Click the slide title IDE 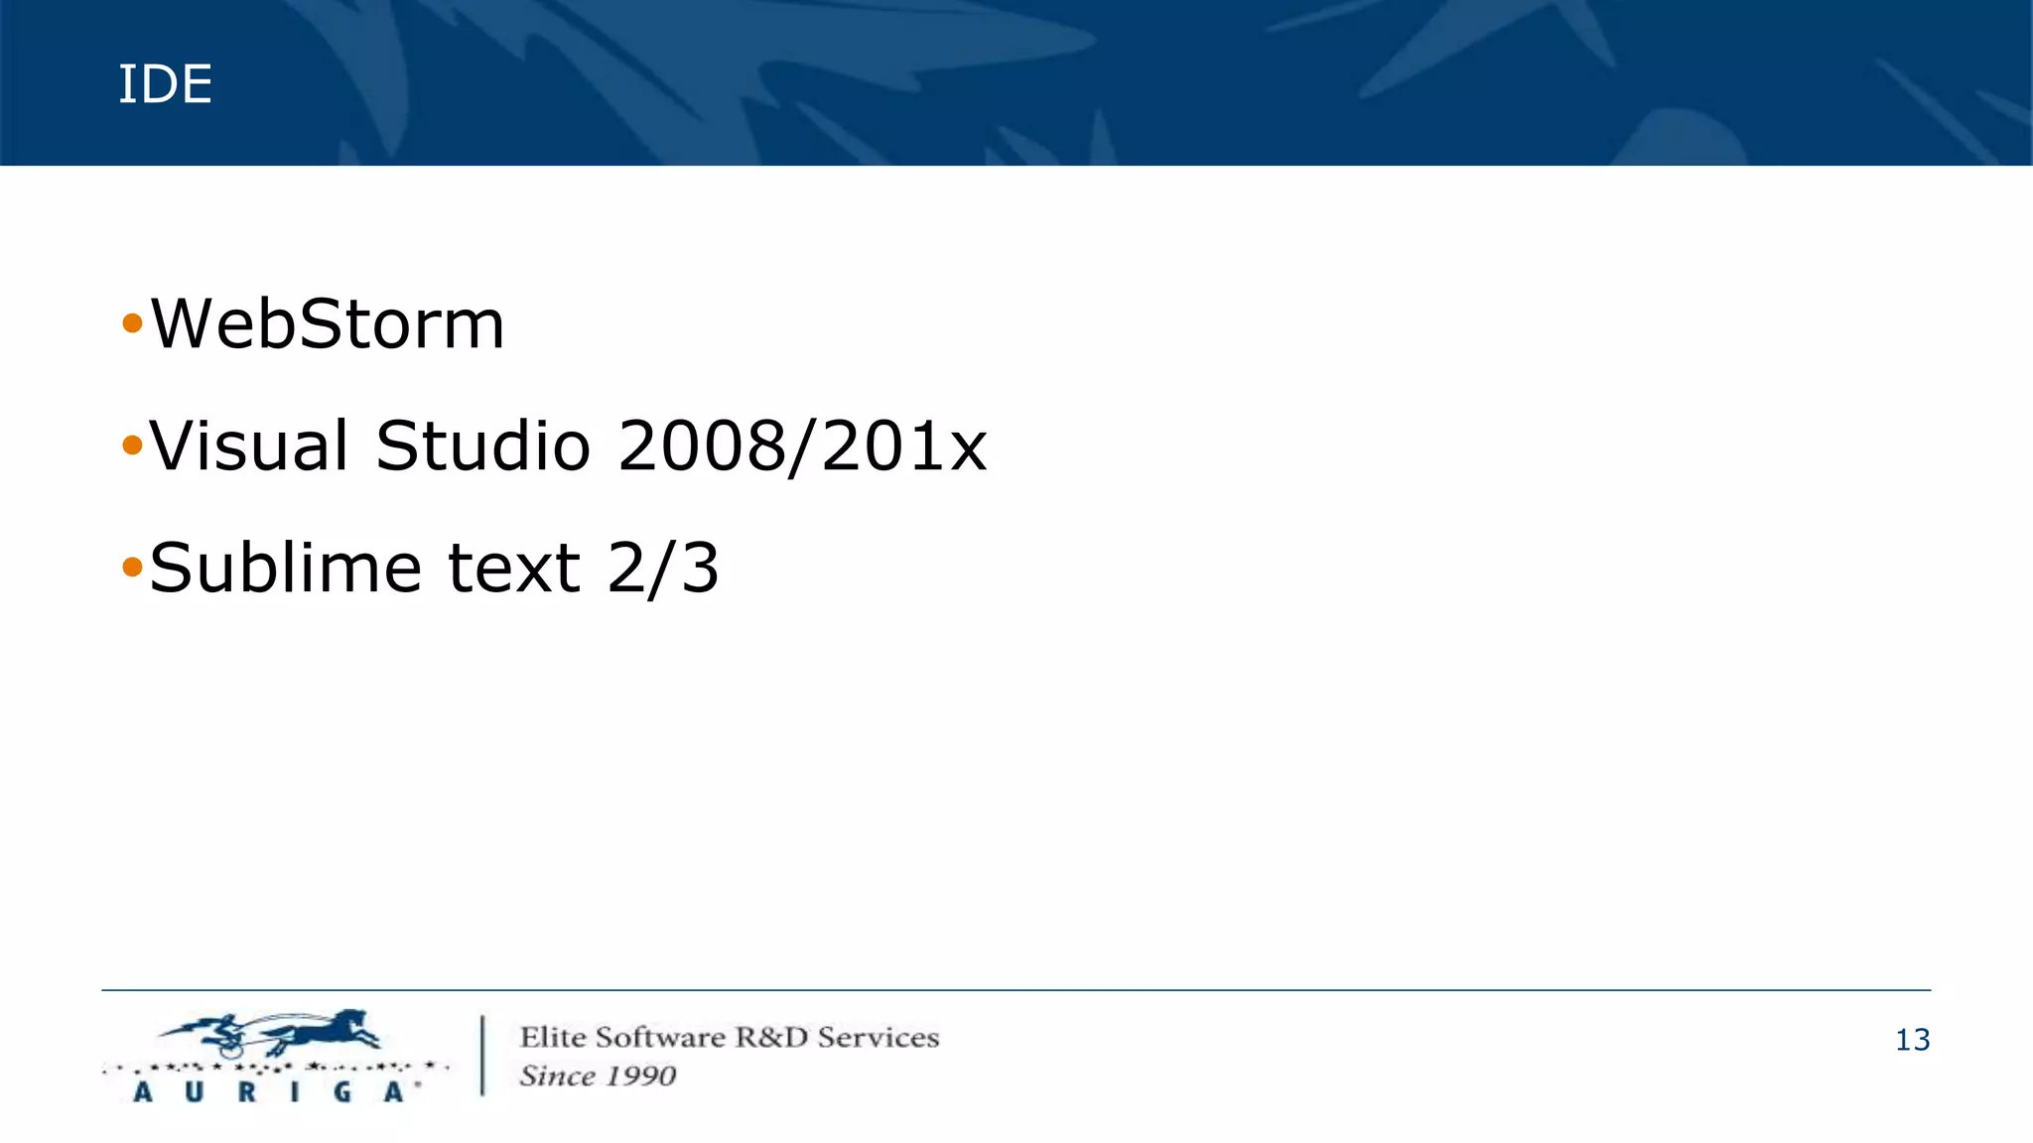click(x=165, y=84)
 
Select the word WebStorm click(x=328, y=324)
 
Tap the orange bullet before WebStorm click(x=132, y=323)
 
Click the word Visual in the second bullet click(x=249, y=445)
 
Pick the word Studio click(x=483, y=445)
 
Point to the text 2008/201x click(x=802, y=445)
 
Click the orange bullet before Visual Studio click(x=132, y=445)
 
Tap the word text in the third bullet click(x=513, y=568)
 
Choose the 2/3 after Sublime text click(x=663, y=568)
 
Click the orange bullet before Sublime click(x=132, y=568)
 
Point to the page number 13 click(x=1912, y=1040)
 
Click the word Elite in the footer click(x=552, y=1038)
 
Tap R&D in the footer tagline click(x=771, y=1038)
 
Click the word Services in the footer click(x=878, y=1038)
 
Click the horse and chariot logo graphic click(x=273, y=1034)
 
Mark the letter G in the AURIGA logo click(x=342, y=1092)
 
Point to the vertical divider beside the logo click(x=483, y=1055)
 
